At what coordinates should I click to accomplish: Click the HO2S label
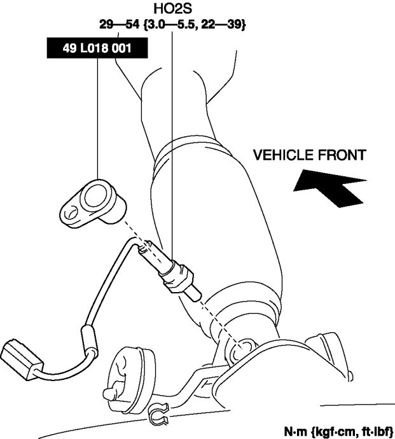(172, 10)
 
